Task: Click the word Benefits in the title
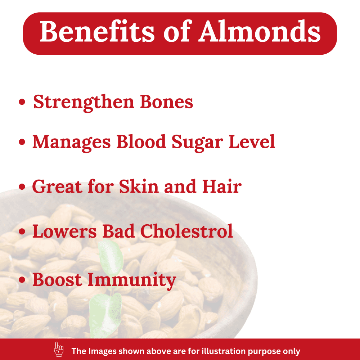coord(97,31)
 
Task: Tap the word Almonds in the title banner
coord(260,31)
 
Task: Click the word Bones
coord(166,102)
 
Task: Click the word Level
coord(252,141)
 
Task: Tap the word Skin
coord(139,186)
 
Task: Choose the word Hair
coord(222,186)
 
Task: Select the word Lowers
coord(64,231)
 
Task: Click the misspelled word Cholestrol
coord(186,231)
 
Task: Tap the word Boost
coord(57,279)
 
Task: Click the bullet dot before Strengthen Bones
coord(22,102)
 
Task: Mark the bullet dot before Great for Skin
coord(22,186)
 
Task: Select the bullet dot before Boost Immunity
coord(22,280)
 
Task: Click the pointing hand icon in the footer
coord(59,349)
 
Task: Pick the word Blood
coord(141,141)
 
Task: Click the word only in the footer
coord(292,351)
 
